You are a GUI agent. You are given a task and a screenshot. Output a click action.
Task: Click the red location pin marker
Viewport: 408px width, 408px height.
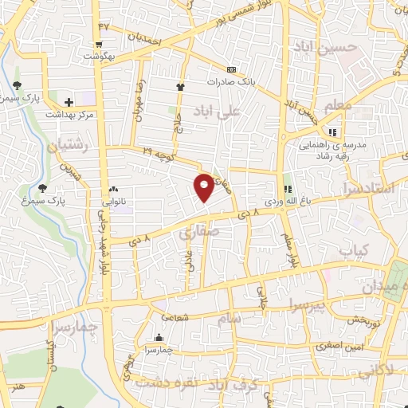click(205, 186)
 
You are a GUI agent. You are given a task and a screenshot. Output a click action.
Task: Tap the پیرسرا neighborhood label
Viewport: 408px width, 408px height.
click(304, 304)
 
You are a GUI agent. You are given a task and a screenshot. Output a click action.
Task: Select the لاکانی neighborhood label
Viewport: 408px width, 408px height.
click(373, 371)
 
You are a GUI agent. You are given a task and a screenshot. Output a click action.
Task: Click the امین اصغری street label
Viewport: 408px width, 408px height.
click(345, 347)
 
